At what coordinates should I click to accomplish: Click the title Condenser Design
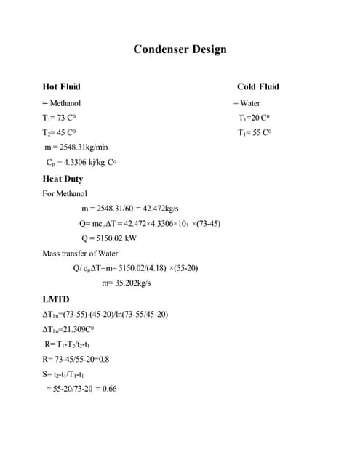click(x=180, y=49)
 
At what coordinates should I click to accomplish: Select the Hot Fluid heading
click(x=62, y=86)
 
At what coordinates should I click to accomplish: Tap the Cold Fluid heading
click(x=257, y=86)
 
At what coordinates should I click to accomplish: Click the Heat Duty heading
click(x=63, y=179)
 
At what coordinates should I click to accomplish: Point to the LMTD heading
click(x=58, y=299)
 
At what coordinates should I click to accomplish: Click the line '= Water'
click(x=247, y=103)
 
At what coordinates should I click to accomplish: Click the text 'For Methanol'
click(x=65, y=194)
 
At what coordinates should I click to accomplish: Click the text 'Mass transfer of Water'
click(x=80, y=254)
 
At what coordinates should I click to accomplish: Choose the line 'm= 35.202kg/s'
click(x=126, y=283)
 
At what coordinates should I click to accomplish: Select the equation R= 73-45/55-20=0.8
click(x=76, y=359)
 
